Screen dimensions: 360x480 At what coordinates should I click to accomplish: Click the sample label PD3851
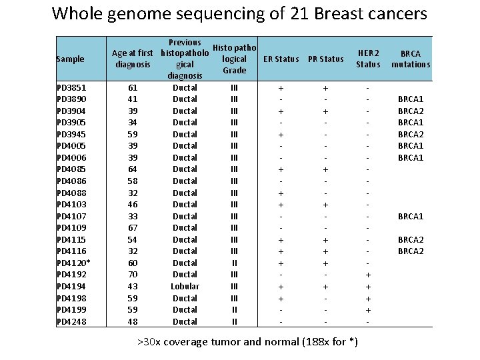click(71, 87)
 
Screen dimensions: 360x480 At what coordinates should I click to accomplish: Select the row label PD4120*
click(73, 263)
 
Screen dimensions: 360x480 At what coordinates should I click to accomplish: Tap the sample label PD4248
click(71, 321)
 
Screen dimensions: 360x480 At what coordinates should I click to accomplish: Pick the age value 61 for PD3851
click(133, 87)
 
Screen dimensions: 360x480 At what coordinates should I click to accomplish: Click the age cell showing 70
click(133, 274)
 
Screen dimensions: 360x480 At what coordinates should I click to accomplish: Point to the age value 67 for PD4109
click(133, 227)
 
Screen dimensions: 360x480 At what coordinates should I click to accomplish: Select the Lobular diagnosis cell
click(185, 286)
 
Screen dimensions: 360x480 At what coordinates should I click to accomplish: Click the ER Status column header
click(281, 59)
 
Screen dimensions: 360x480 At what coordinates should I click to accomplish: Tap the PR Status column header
click(326, 59)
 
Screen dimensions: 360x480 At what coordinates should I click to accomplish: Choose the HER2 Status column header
click(368, 59)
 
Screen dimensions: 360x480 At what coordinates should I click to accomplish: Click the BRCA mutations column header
click(411, 59)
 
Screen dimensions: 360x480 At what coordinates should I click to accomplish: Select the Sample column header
click(70, 59)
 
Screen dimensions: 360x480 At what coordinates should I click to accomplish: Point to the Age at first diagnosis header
click(133, 59)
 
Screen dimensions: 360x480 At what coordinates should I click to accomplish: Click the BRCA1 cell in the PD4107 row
click(411, 216)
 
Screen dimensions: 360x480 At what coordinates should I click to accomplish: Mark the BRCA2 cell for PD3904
click(411, 111)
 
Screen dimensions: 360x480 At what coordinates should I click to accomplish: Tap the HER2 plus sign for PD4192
click(368, 275)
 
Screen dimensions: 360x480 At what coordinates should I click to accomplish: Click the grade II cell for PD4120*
click(234, 263)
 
